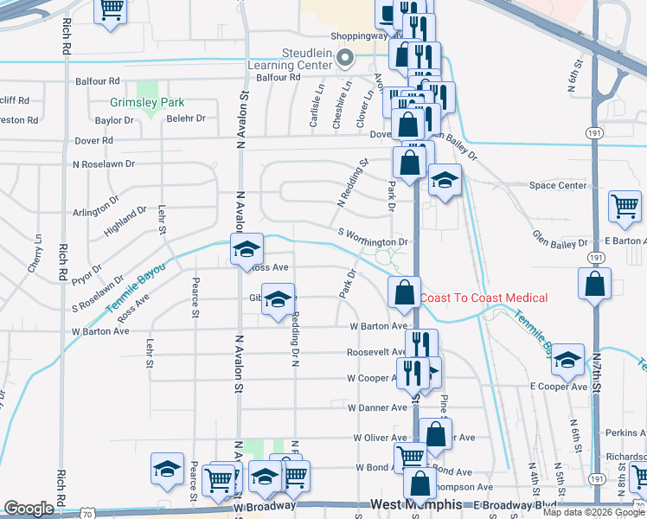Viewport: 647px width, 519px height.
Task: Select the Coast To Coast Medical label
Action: coord(484,298)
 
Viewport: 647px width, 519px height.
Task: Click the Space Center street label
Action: coord(558,185)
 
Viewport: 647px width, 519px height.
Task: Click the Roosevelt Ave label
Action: coord(376,352)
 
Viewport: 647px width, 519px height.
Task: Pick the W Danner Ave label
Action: coord(376,407)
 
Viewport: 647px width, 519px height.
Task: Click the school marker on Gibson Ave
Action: coord(278,298)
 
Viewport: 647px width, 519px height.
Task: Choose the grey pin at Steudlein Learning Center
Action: coord(345,60)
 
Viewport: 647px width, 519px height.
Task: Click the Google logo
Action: coord(29,508)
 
